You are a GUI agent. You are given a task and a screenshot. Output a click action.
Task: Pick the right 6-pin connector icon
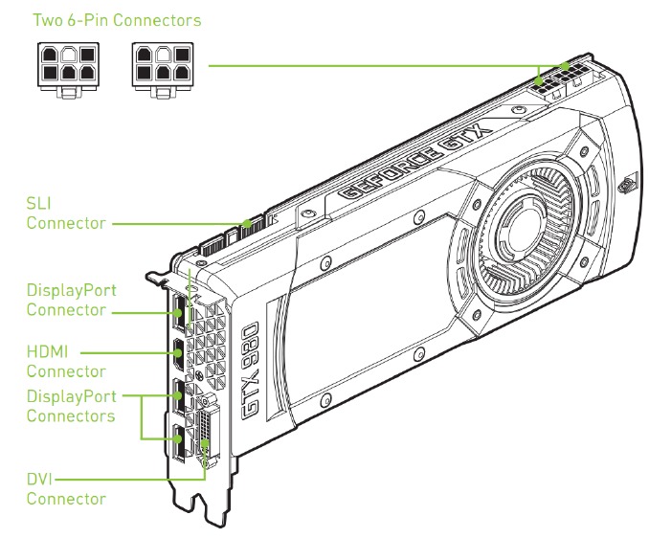159,68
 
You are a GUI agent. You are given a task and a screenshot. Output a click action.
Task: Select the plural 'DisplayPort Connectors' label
72,406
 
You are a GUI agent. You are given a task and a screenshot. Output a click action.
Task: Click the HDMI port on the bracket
178,354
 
